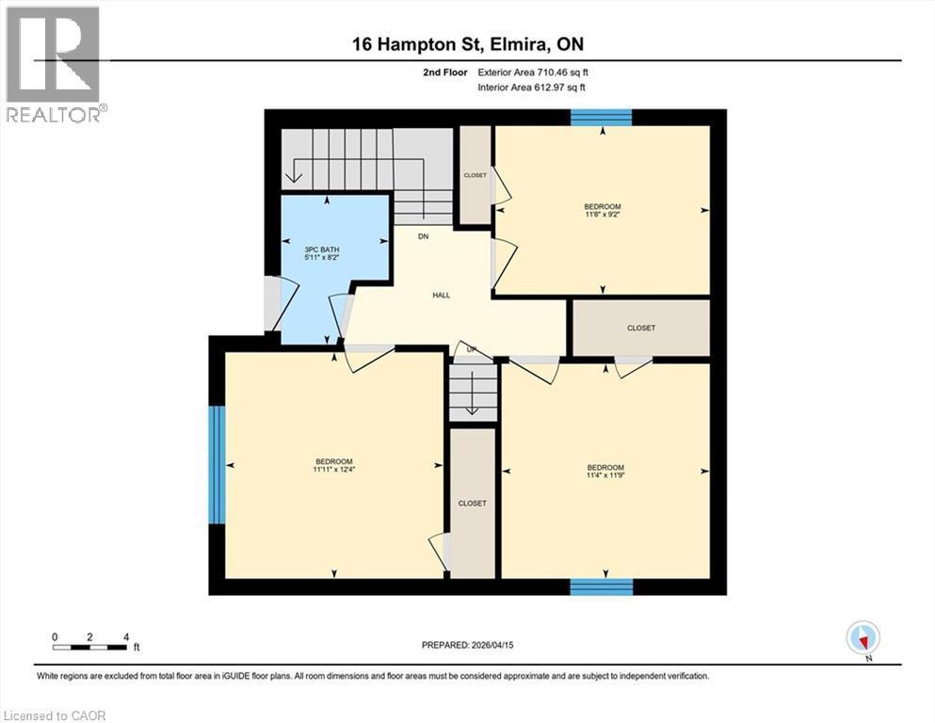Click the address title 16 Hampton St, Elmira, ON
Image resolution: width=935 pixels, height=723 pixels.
tap(467, 44)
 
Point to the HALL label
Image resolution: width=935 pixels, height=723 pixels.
tap(441, 295)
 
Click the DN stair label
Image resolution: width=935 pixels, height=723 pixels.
tap(424, 236)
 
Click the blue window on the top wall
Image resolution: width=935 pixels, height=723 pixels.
tap(601, 117)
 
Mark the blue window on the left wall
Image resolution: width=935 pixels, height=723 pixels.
tap(217, 464)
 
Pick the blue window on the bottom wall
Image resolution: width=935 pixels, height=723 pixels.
tap(601, 586)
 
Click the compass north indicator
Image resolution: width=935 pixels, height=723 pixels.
tap(862, 638)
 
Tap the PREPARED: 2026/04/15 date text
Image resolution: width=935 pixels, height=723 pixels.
tap(467, 645)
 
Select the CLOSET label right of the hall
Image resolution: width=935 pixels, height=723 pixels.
tap(641, 328)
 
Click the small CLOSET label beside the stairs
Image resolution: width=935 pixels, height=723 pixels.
tap(475, 175)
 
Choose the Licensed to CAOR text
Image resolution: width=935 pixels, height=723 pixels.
tap(55, 715)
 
